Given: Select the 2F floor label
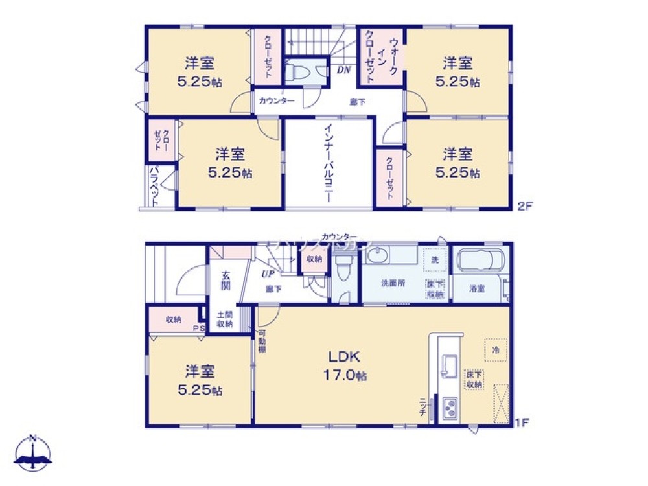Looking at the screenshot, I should pos(524,208).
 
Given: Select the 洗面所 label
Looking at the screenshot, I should pos(393,283).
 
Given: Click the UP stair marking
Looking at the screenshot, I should pos(267,274).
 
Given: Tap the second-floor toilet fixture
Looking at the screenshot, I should pos(297,72).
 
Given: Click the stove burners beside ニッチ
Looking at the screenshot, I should pos(448,407).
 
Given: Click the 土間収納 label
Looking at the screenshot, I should pos(224,319).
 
